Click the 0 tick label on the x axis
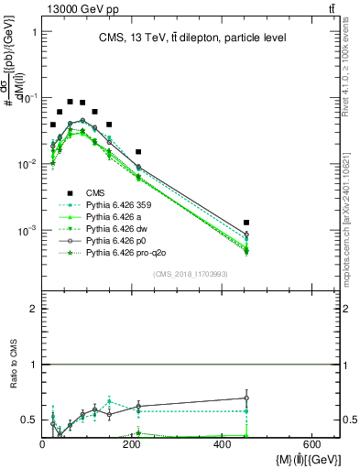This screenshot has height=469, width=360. [42, 444]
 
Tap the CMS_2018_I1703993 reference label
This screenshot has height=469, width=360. [190, 273]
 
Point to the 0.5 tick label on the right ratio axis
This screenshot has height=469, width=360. [351, 420]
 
